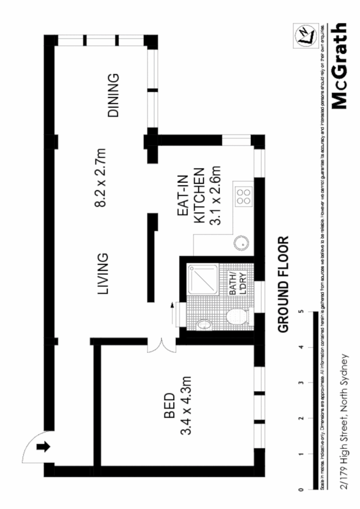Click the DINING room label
click(114, 96)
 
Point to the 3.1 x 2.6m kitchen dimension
click(216, 195)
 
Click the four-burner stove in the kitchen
click(243, 196)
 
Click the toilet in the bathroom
click(236, 317)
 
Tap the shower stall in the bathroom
click(203, 280)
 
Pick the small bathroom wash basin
click(204, 324)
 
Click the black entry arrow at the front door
click(43, 447)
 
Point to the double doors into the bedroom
click(160, 346)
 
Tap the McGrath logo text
click(339, 66)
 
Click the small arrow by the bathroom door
click(172, 306)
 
